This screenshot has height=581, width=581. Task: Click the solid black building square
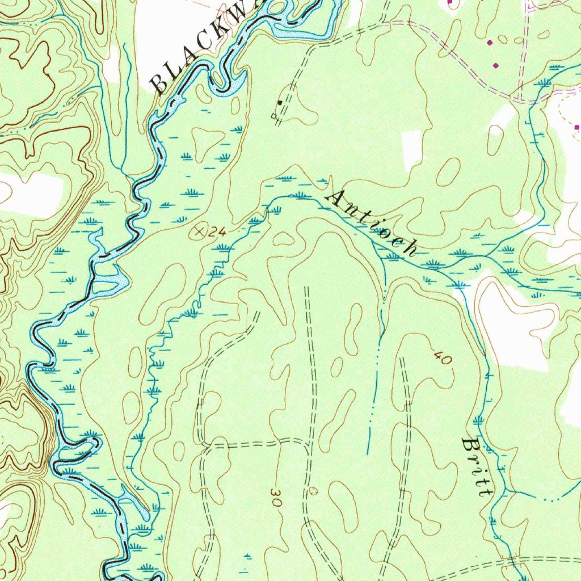pos(280,103)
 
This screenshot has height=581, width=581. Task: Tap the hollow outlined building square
pos(275,116)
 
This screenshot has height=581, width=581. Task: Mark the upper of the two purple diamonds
pos(490,43)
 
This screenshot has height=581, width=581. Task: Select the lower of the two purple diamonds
pos(496,66)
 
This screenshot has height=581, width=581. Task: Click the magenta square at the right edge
pos(577,127)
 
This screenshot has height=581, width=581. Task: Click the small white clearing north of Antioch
pos(412,150)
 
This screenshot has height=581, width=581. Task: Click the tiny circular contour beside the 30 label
pos(315,490)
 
